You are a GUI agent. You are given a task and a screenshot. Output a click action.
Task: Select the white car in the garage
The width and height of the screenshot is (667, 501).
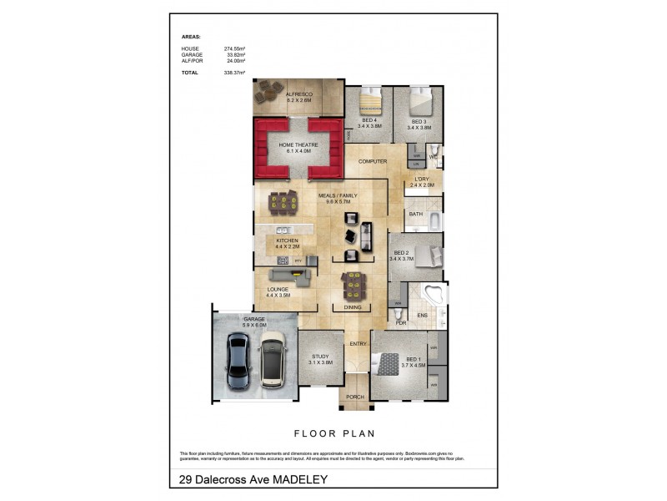click(272, 360)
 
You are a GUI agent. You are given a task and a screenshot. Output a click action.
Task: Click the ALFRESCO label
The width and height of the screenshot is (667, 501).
click(298, 94)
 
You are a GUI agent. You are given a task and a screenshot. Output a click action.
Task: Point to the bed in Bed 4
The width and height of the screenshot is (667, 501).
click(368, 104)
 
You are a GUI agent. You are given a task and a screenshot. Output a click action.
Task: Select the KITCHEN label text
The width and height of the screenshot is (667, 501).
click(287, 240)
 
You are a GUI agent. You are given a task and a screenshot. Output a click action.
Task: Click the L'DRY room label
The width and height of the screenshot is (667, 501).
click(423, 180)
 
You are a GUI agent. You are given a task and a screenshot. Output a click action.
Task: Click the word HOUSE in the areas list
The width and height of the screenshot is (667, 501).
click(190, 50)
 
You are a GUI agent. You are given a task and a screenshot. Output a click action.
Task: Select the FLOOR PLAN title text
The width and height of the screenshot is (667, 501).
click(333, 433)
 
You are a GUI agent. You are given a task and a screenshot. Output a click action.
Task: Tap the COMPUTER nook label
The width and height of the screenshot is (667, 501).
click(374, 161)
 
